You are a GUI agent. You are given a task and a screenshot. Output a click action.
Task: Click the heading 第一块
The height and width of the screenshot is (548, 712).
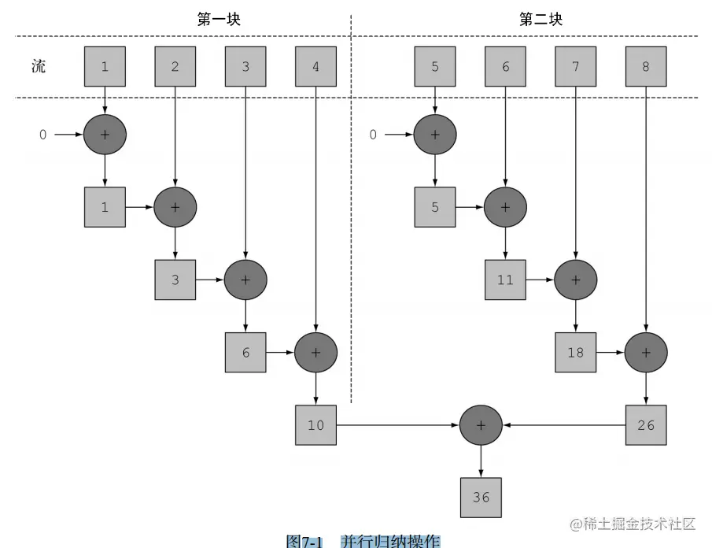click(218, 20)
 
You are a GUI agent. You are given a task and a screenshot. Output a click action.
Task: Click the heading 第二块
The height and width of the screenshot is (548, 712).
click(540, 20)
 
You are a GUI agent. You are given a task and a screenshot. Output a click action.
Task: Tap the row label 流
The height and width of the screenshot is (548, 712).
click(39, 66)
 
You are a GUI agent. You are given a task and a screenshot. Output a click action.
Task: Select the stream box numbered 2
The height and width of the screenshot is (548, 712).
click(175, 67)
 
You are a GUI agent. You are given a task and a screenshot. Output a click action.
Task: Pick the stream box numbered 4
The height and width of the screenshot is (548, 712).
click(315, 67)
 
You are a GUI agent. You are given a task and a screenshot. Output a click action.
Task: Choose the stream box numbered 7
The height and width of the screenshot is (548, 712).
click(576, 67)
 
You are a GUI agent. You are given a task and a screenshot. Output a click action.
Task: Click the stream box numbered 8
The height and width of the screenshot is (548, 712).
click(646, 67)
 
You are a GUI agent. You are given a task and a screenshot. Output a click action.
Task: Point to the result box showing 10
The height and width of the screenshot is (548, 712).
click(315, 425)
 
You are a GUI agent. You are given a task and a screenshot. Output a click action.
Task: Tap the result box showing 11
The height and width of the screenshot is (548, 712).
click(505, 280)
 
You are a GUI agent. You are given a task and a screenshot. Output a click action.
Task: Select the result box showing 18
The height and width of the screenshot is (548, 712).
click(576, 352)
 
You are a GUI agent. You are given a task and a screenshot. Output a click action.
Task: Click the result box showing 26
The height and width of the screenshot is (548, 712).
click(646, 425)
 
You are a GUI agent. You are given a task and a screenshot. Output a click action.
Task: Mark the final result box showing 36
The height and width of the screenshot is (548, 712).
click(481, 497)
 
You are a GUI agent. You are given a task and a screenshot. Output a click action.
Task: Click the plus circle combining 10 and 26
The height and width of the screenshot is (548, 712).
click(481, 425)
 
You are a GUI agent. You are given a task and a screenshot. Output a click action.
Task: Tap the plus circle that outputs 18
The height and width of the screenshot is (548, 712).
click(576, 280)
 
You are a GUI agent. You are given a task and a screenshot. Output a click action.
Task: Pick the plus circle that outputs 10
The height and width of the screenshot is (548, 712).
click(315, 352)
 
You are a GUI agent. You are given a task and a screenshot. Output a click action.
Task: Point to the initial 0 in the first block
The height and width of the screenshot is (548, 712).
click(43, 135)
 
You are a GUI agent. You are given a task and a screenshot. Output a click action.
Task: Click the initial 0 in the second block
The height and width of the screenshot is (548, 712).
click(374, 135)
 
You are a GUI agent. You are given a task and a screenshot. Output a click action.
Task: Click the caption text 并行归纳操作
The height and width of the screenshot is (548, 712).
click(389, 541)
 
